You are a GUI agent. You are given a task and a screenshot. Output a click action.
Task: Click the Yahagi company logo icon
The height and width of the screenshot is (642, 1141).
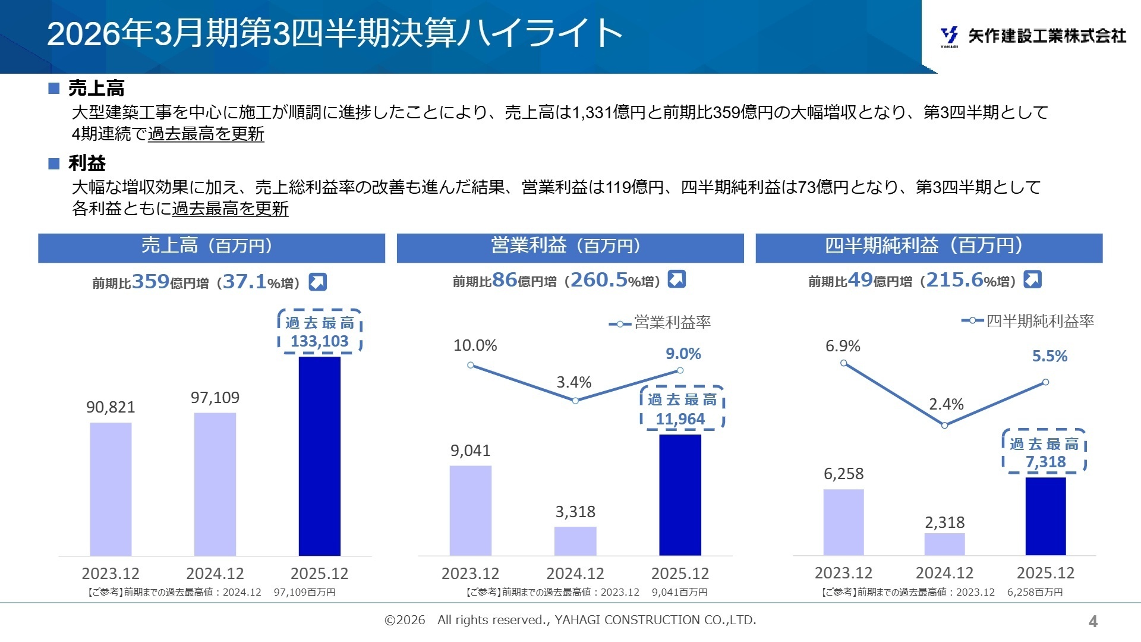[x=949, y=36]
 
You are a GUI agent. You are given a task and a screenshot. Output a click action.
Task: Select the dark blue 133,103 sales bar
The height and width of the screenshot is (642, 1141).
[x=319, y=456]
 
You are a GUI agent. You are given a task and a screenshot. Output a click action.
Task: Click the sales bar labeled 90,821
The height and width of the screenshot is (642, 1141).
[x=111, y=489]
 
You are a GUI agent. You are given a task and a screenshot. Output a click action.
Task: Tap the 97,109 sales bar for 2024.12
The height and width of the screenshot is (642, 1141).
[x=215, y=484]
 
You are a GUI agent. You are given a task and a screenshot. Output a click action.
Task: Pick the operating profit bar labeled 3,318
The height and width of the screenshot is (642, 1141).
[x=575, y=541]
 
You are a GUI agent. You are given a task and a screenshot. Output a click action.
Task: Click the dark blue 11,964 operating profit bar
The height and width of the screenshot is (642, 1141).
[x=680, y=495]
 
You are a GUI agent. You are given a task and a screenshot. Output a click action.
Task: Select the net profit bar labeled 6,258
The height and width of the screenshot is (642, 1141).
[x=843, y=522]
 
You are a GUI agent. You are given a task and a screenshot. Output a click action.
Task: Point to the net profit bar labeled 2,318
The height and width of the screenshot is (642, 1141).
[x=944, y=544]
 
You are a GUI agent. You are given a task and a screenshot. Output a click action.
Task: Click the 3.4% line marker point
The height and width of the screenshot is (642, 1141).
[x=575, y=401]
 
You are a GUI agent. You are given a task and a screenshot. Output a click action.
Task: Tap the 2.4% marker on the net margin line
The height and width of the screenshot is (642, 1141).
[x=944, y=425]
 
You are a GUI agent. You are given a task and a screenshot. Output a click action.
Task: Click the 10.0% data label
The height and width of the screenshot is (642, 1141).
[x=475, y=345]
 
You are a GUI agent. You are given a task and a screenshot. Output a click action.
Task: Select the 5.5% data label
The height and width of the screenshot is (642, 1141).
[x=1049, y=356]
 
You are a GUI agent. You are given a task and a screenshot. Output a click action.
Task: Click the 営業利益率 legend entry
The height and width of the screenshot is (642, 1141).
[x=661, y=323]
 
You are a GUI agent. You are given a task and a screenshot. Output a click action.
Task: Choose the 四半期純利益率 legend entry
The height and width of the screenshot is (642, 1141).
[x=1029, y=321]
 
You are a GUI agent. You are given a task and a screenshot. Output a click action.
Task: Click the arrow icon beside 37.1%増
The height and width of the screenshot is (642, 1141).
[x=318, y=282]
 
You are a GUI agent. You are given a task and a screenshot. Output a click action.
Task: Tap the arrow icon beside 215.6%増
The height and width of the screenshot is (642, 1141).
[x=1032, y=279]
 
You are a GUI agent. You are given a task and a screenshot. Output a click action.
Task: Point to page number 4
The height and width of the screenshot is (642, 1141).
[x=1093, y=621]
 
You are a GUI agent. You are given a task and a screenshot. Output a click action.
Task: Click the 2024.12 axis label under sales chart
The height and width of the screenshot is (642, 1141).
[x=215, y=574]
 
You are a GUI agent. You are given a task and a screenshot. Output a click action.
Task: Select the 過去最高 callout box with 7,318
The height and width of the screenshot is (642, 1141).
[x=1044, y=452]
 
